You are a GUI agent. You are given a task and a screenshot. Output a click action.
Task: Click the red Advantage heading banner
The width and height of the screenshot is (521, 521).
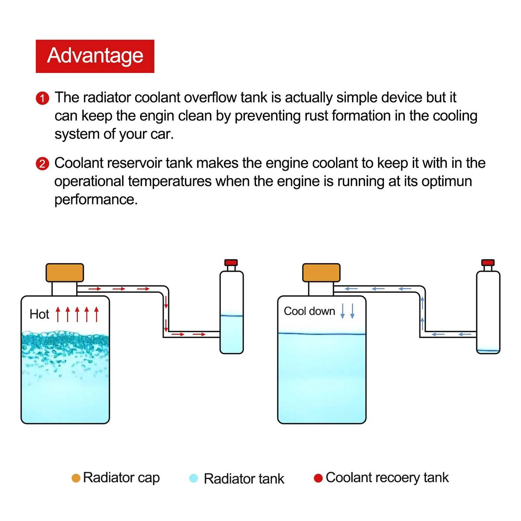(x=95, y=56)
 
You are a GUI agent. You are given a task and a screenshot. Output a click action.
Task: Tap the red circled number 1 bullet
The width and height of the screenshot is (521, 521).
(x=42, y=98)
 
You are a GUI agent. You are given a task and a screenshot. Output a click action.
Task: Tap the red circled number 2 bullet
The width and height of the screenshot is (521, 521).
(x=42, y=164)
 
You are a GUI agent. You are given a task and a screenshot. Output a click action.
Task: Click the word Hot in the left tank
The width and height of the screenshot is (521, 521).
(x=39, y=314)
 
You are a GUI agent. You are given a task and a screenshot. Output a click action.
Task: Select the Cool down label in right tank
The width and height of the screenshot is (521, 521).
(x=309, y=311)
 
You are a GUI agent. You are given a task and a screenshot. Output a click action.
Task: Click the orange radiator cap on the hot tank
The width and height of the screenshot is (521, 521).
(x=65, y=273)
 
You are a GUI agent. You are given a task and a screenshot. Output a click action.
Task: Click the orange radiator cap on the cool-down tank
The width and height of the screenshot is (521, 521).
(x=321, y=273)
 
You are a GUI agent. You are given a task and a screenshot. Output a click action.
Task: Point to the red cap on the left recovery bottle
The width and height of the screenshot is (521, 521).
(x=231, y=262)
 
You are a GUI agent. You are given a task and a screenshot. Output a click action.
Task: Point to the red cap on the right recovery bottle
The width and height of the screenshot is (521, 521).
(x=488, y=262)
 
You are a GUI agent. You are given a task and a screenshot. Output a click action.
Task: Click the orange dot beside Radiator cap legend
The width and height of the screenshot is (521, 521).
(x=76, y=478)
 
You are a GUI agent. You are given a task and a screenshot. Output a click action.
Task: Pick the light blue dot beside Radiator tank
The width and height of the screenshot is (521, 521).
(x=194, y=478)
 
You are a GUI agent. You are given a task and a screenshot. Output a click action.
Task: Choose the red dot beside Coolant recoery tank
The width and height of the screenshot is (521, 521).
(x=318, y=478)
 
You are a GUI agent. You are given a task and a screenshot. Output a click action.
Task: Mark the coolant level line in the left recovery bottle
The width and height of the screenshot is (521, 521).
(x=231, y=316)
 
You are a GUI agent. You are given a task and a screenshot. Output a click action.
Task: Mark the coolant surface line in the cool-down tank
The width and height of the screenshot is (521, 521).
(x=322, y=334)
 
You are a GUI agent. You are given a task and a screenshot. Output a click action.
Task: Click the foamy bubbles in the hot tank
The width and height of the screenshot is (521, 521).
(x=65, y=344)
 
